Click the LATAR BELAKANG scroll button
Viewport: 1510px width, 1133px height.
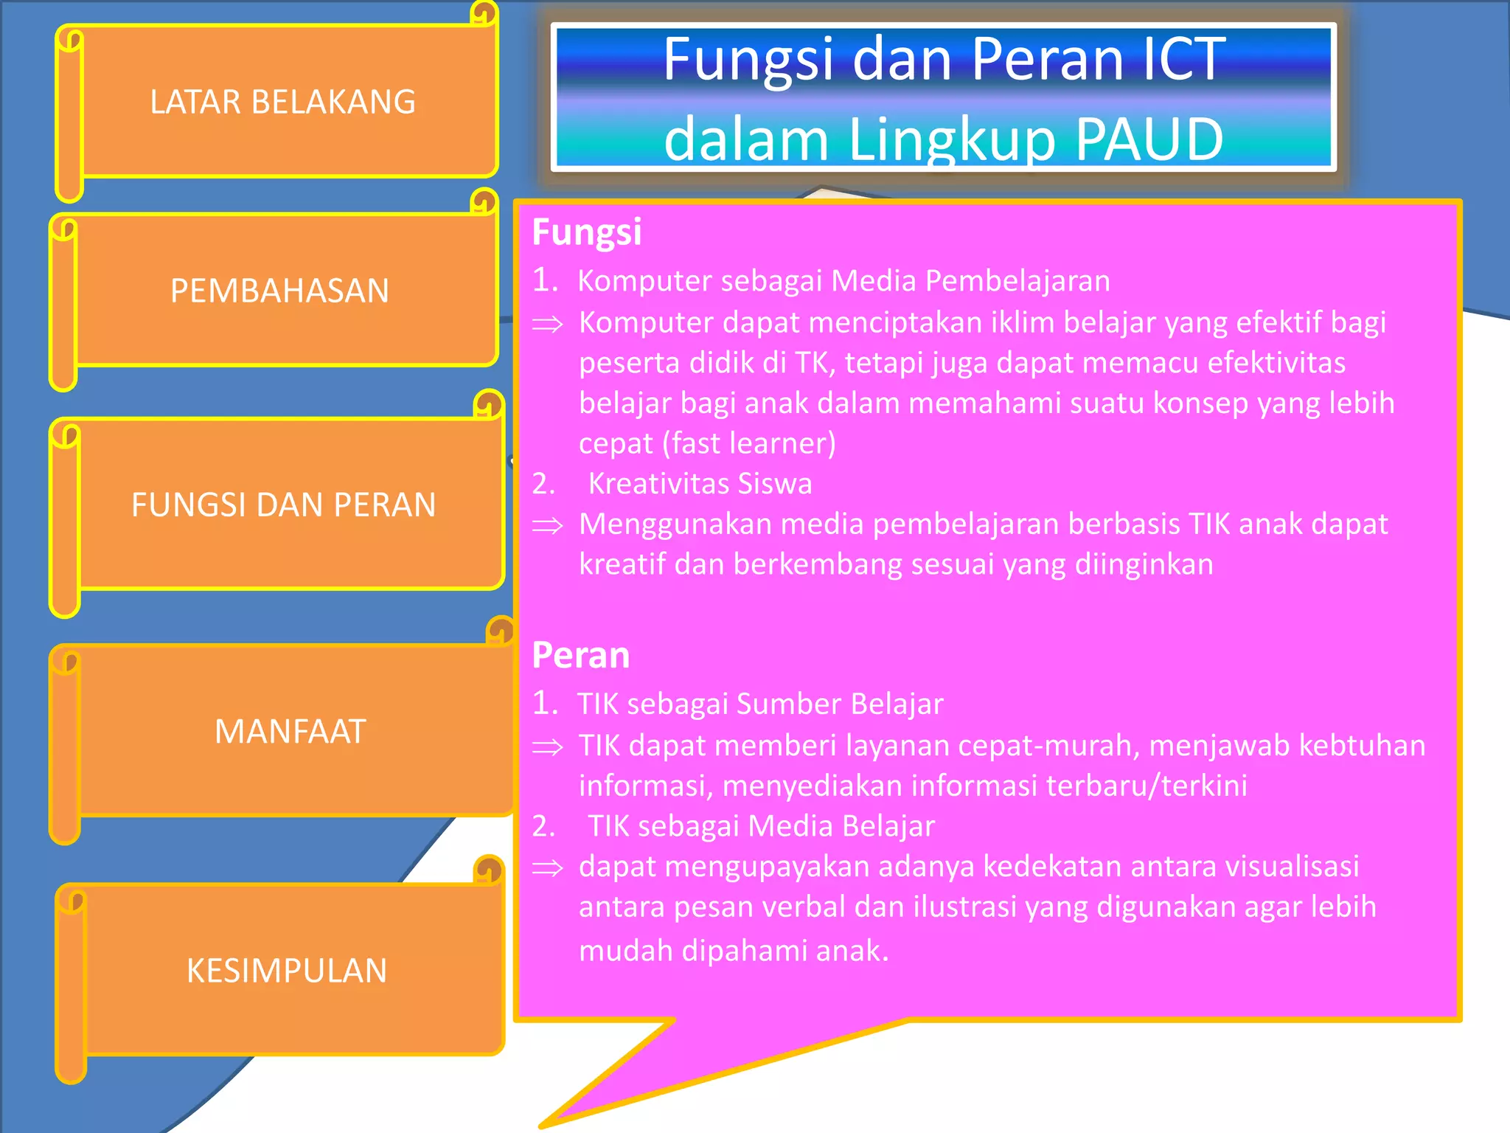point(284,102)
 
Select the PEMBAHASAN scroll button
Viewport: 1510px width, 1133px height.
point(280,291)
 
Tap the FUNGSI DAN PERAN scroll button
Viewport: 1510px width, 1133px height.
point(284,505)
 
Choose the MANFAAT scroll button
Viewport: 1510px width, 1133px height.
point(290,732)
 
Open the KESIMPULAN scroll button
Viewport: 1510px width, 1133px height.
point(287,971)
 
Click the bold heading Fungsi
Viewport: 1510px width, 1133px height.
point(587,232)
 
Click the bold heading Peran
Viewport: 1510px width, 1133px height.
point(581,655)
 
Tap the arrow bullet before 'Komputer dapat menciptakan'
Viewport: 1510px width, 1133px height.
point(548,324)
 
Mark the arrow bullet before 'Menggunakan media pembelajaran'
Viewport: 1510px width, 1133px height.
point(548,525)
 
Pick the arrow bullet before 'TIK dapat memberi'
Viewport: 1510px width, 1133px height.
point(548,746)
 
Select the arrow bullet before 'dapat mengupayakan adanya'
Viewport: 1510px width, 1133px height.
point(548,867)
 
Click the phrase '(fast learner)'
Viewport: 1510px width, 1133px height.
point(749,443)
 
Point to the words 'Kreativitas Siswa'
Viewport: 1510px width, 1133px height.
point(700,484)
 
